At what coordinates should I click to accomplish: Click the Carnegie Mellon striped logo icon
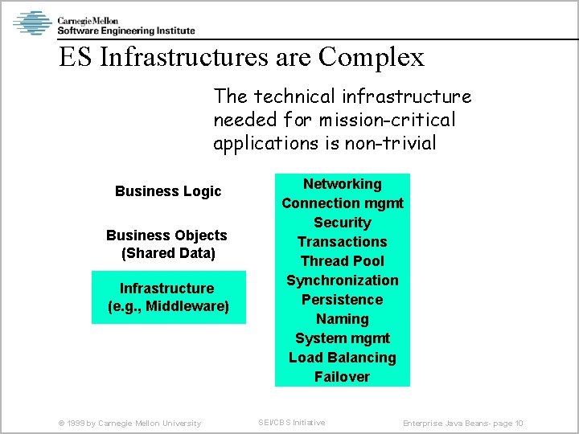32,23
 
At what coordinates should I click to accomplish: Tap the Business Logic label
168,191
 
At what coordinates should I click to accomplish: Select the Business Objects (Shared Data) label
166,244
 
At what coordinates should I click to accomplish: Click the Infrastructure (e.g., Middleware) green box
168,297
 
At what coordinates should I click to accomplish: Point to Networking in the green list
343,184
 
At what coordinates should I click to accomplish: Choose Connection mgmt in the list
343,203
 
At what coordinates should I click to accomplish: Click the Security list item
343,223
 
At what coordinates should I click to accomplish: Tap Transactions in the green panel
343,242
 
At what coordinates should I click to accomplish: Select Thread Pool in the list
343,261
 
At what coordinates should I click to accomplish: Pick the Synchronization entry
343,280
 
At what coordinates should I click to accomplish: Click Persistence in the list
343,300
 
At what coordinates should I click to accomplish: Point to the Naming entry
343,319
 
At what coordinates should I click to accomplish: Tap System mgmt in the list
343,338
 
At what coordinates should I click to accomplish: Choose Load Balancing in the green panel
343,358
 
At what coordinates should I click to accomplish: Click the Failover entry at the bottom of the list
343,377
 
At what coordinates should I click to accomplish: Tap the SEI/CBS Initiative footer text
291,423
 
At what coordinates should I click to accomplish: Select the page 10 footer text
463,424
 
